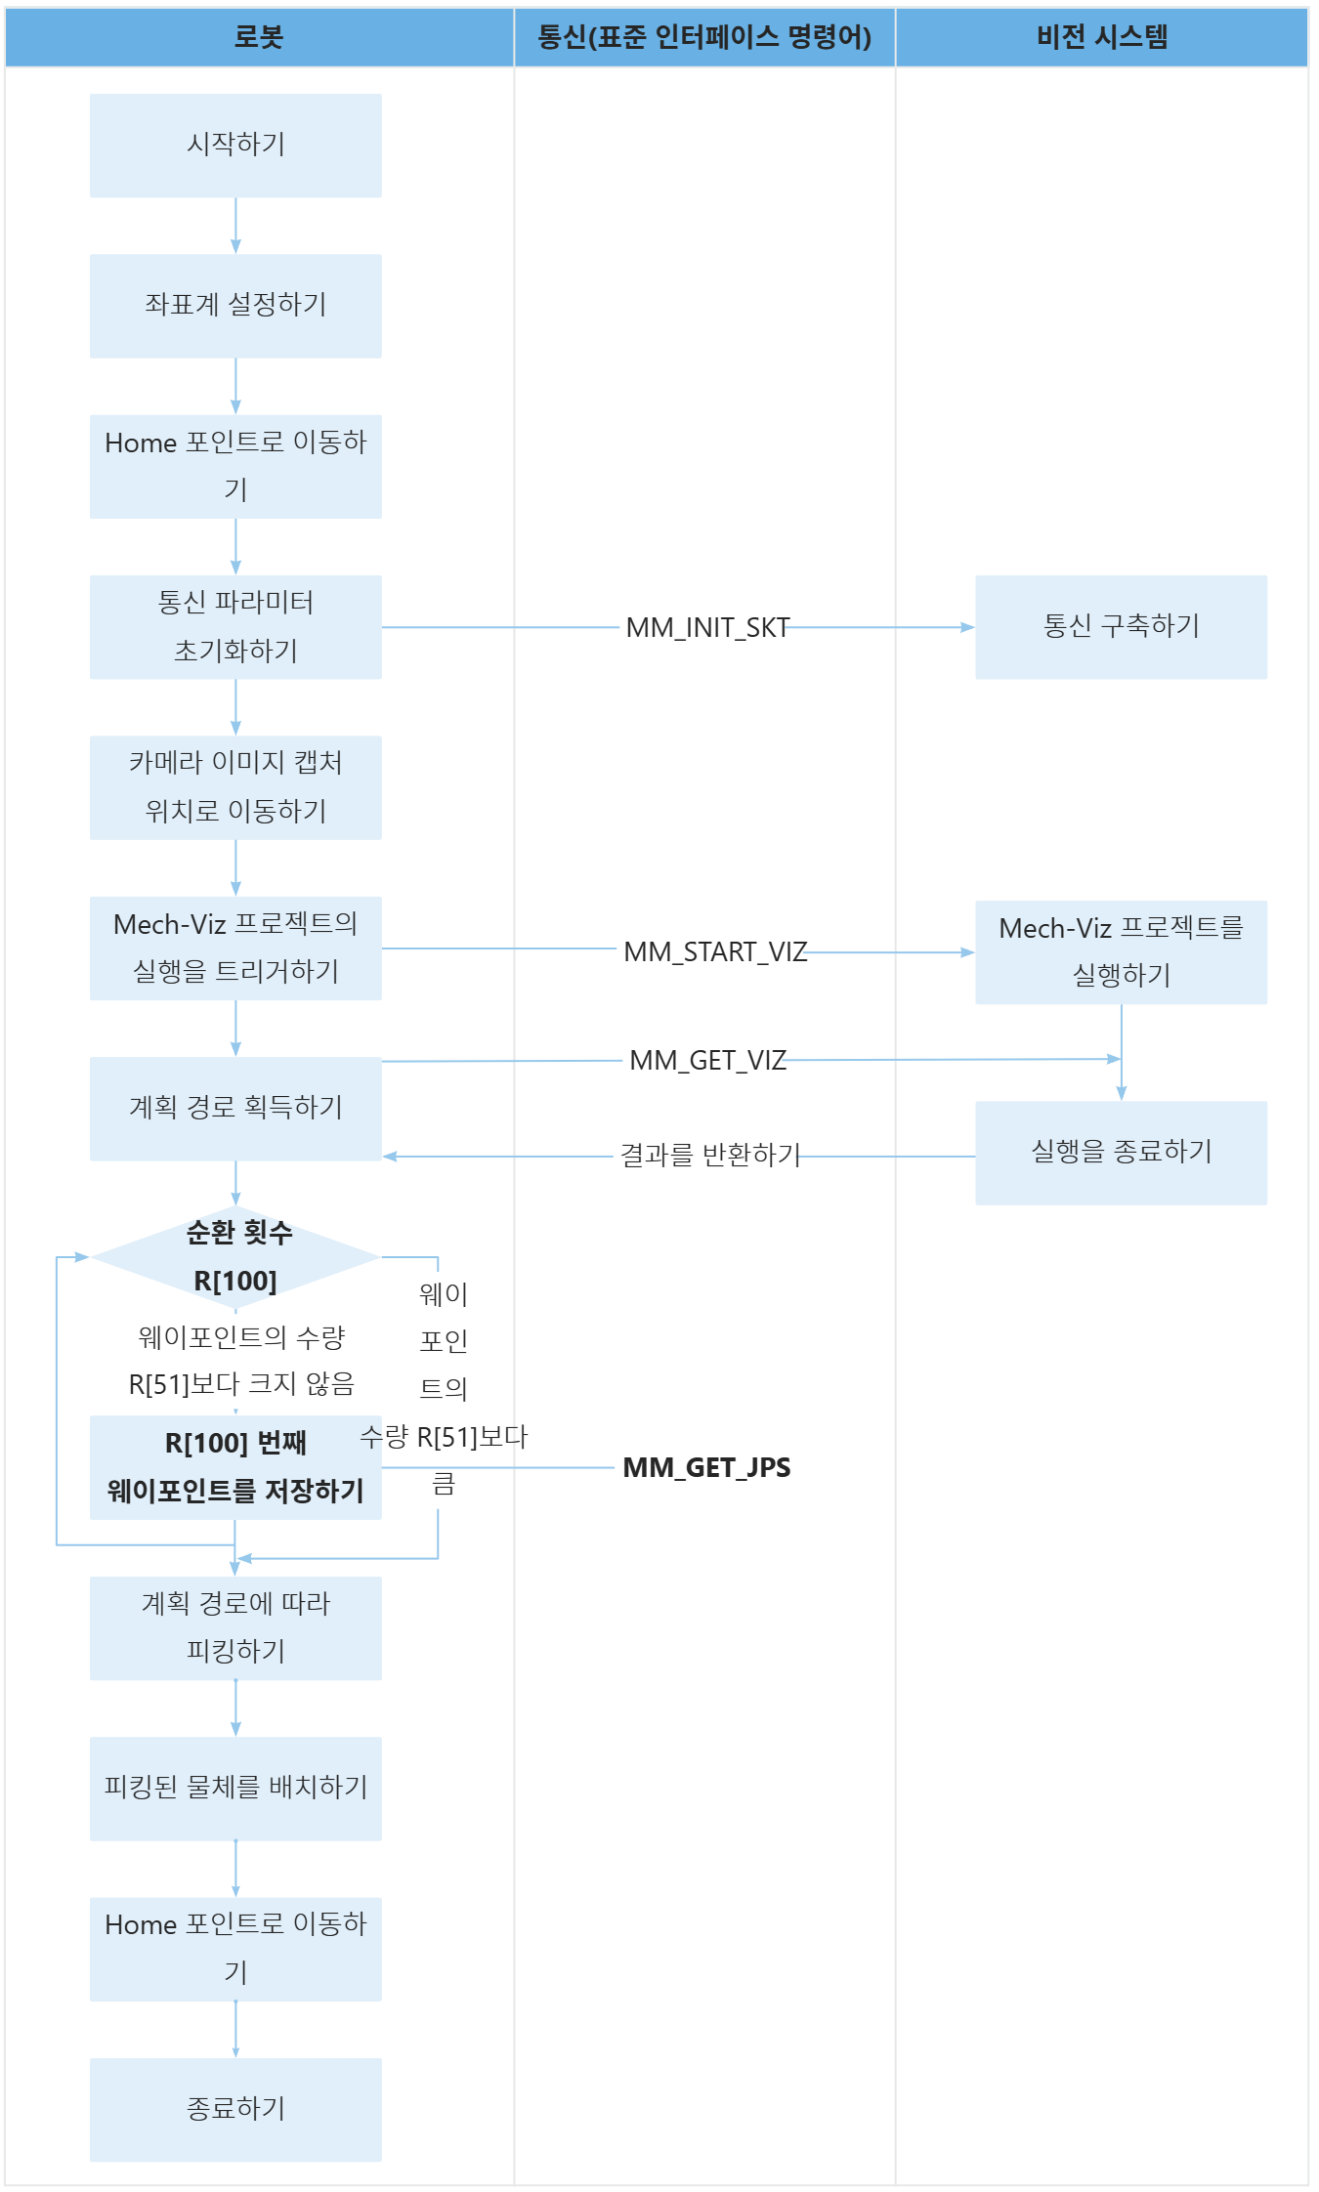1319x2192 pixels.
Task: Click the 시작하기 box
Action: click(235, 146)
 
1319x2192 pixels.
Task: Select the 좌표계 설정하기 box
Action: click(235, 306)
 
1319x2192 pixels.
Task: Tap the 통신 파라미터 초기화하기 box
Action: click(235, 627)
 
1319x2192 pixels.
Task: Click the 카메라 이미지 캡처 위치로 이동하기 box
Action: click(235, 787)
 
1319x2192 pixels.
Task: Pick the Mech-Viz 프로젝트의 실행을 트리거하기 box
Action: click(235, 948)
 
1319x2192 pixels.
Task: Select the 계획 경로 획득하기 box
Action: click(235, 1109)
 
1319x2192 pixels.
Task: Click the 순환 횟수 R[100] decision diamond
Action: click(235, 1257)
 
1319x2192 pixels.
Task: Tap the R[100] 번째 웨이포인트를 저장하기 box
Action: click(235, 1467)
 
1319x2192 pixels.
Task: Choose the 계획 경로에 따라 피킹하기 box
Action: click(235, 1628)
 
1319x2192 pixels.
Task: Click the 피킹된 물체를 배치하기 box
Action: click(235, 1789)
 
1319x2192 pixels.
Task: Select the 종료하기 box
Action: click(235, 2110)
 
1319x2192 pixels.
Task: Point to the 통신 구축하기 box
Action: click(1121, 627)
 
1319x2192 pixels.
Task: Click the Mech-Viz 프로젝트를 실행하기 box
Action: click(1121, 952)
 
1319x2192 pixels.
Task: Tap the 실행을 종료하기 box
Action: click(1121, 1153)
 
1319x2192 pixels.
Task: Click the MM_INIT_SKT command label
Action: click(707, 628)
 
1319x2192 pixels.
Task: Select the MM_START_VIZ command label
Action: click(715, 951)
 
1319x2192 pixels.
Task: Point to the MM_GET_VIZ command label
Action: click(708, 1060)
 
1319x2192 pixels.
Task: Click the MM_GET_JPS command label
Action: click(706, 1467)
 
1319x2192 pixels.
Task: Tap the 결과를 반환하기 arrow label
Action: click(710, 1156)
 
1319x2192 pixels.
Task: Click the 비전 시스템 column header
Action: click(1102, 37)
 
